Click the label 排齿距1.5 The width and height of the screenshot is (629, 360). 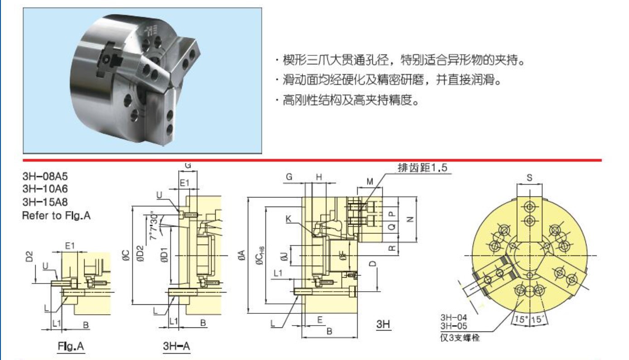[x=422, y=168]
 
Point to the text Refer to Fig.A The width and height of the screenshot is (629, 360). [x=56, y=216]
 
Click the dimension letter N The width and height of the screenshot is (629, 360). [x=410, y=219]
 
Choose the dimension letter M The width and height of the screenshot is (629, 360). [x=370, y=182]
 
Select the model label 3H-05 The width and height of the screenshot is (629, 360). [x=453, y=326]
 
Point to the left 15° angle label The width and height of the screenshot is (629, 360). [x=521, y=319]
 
